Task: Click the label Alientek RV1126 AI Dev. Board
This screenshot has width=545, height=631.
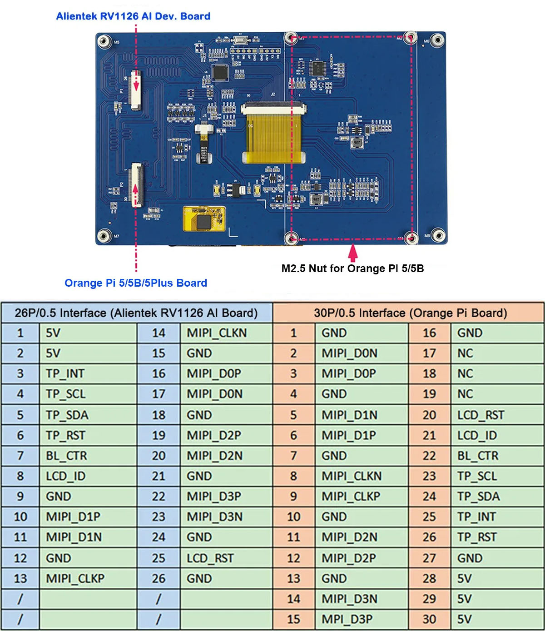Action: tap(133, 16)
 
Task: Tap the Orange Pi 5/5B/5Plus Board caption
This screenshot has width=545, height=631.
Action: tap(135, 283)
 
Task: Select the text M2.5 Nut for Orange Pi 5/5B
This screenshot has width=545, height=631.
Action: tap(352, 268)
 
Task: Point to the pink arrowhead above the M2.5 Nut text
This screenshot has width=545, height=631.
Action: tap(353, 250)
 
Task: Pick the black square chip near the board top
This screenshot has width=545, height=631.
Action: tap(220, 72)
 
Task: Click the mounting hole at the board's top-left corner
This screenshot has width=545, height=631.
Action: tap(104, 41)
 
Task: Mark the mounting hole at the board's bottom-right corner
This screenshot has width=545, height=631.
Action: tap(438, 235)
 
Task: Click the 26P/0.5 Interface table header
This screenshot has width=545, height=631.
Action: tap(136, 313)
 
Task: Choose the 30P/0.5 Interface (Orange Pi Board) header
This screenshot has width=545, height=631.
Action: tap(410, 313)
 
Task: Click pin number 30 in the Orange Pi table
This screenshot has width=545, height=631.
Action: tap(429, 620)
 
